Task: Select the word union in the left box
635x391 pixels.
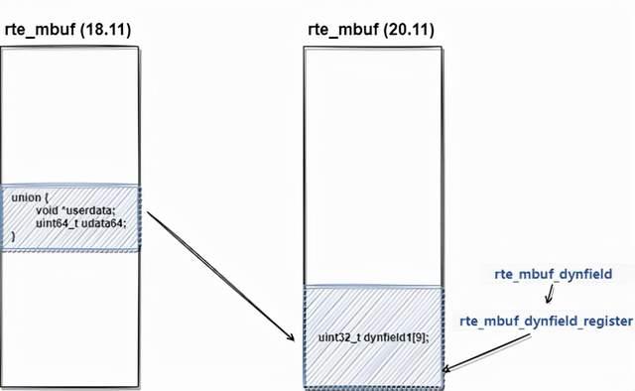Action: [x=27, y=197]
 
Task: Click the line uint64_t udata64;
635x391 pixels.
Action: [x=81, y=223]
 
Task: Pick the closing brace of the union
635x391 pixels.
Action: [x=14, y=236]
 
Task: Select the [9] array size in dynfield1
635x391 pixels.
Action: [x=417, y=337]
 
